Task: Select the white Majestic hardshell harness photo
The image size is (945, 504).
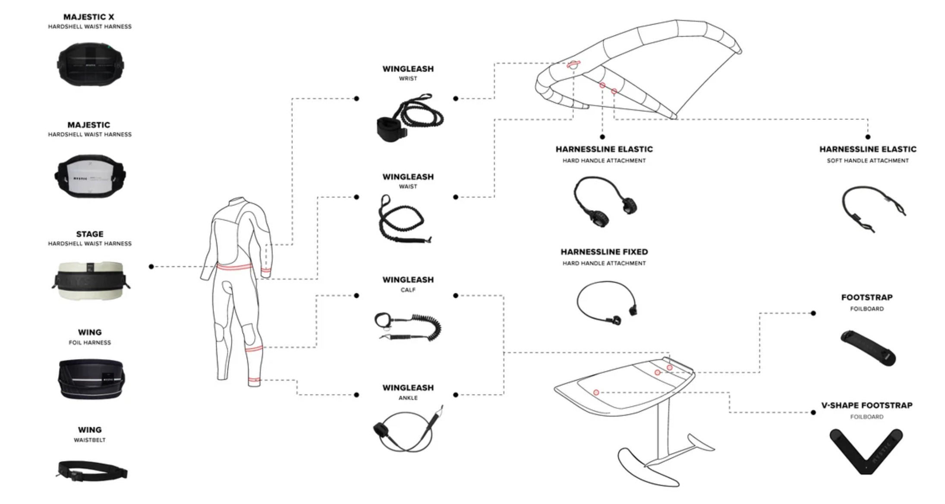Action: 90,176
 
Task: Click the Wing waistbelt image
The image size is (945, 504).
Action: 92,470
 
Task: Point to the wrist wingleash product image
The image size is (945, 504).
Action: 409,117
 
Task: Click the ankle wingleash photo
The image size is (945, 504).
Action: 408,429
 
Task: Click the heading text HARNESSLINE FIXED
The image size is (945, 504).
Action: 604,252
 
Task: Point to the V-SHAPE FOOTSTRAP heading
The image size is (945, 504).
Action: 867,405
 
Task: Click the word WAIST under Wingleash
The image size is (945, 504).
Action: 408,186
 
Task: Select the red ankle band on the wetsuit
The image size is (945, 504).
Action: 254,380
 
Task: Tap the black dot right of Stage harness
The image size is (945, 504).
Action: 151,267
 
